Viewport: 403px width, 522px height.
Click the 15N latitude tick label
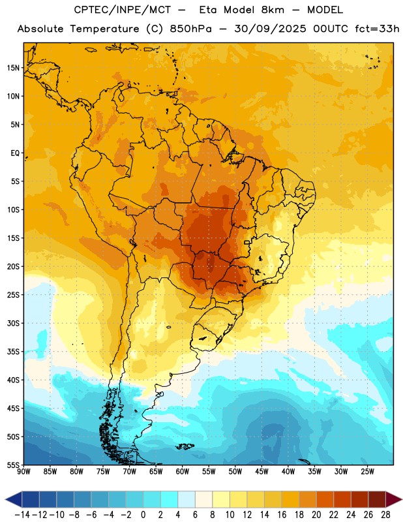click(13, 68)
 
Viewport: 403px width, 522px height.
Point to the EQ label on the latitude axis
click(15, 153)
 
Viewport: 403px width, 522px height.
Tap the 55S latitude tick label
click(13, 465)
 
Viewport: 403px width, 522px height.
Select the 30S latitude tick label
click(13, 323)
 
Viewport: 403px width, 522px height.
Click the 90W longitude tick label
click(23, 472)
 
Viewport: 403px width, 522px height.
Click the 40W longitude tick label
click(288, 472)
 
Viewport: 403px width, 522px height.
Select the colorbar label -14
click(22, 515)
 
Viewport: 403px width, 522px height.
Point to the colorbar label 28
click(385, 515)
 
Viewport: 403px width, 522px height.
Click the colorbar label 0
click(143, 515)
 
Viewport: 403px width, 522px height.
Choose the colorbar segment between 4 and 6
click(187, 499)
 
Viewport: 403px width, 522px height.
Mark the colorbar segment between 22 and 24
click(342, 499)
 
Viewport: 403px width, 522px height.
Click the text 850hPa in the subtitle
click(190, 29)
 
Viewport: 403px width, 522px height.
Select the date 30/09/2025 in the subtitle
click(270, 29)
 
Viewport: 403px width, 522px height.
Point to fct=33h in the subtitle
click(377, 29)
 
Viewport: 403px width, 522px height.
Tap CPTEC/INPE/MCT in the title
click(122, 10)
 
